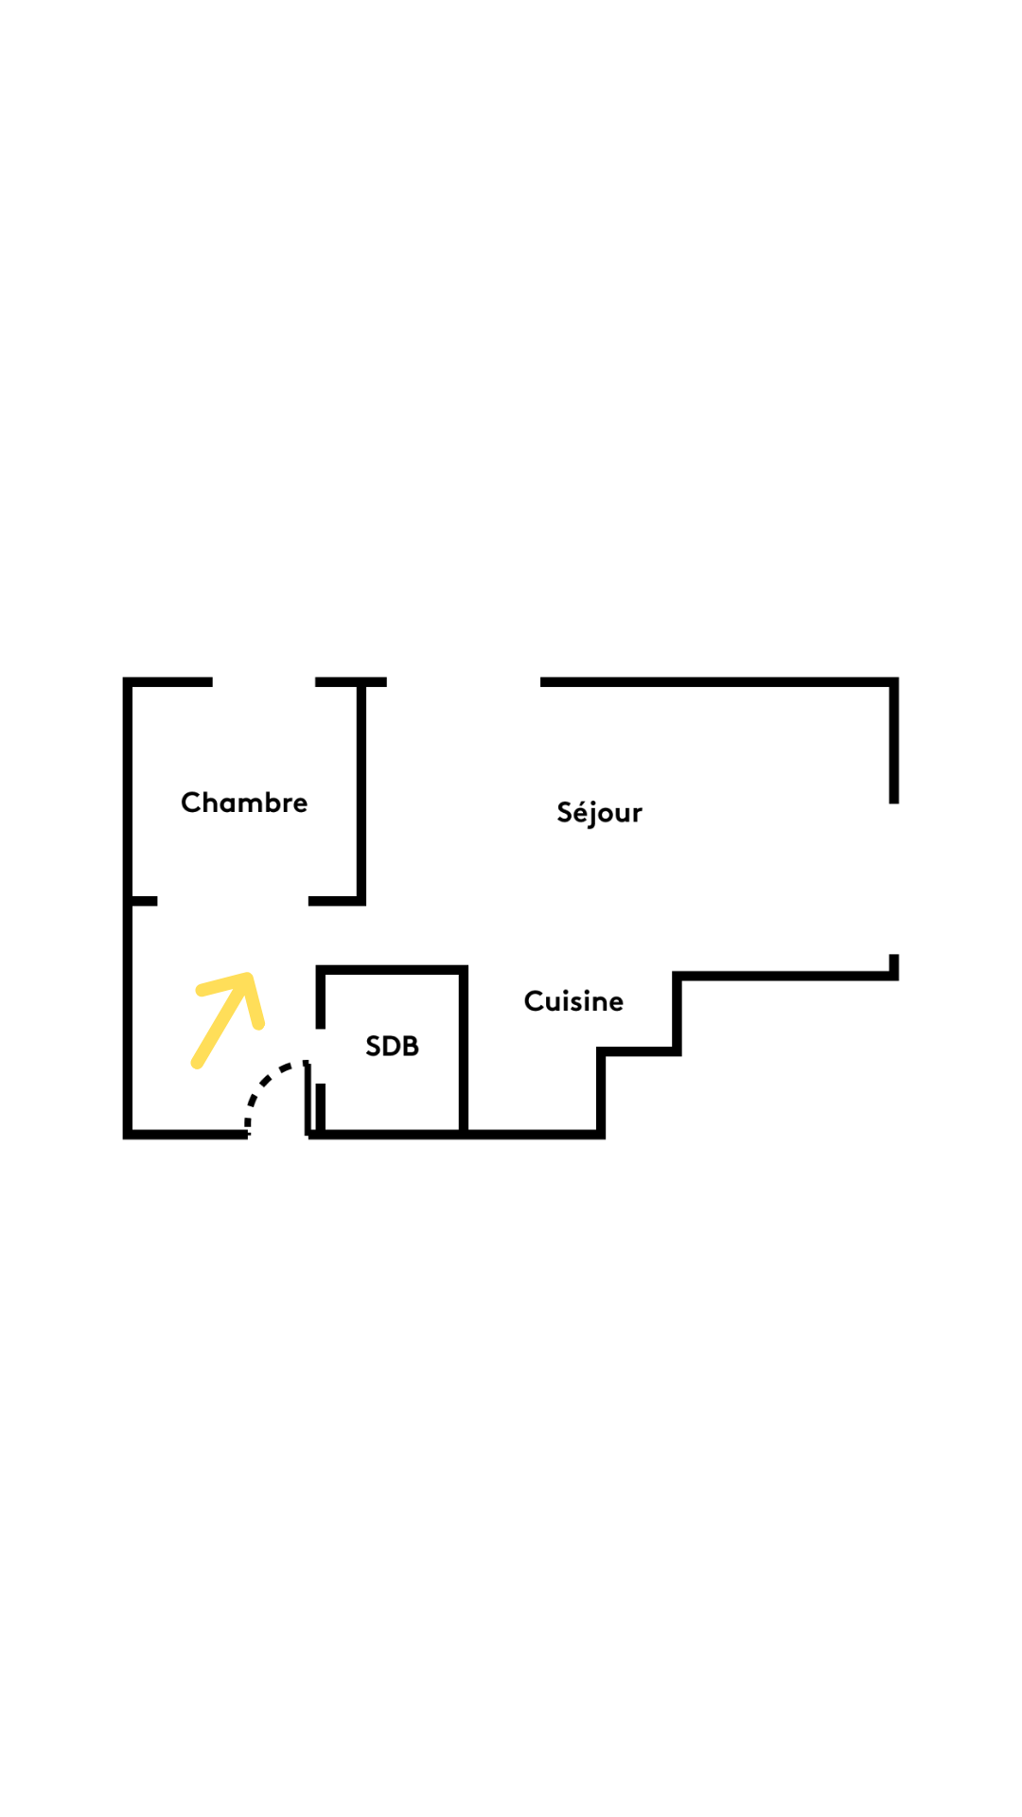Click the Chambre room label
(x=244, y=803)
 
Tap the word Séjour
(x=599, y=812)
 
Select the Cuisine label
(x=573, y=1001)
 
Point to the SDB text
(x=392, y=1046)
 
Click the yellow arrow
(x=227, y=1020)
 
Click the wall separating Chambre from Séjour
(x=361, y=791)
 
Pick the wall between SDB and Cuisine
(x=464, y=1050)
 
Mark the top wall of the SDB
(x=392, y=970)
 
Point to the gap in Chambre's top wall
(x=264, y=682)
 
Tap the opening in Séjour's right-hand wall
(x=893, y=879)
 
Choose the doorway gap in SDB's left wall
(x=321, y=1056)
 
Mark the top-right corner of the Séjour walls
(x=893, y=682)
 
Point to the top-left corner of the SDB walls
(x=321, y=970)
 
